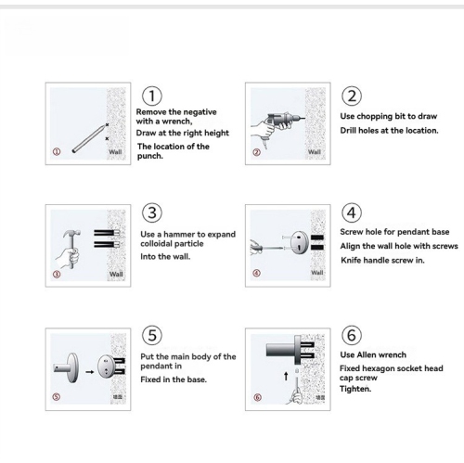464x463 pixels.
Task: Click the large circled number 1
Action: tap(152, 96)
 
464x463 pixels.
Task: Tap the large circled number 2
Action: tap(352, 96)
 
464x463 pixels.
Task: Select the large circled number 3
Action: tap(152, 214)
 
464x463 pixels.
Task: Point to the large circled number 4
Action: tap(352, 214)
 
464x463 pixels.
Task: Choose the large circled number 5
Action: tap(152, 335)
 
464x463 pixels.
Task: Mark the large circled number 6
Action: tap(352, 335)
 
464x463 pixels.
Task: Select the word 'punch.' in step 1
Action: tap(150, 156)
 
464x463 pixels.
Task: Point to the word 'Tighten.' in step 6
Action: tap(355, 389)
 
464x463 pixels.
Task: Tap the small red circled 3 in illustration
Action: tap(57, 274)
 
